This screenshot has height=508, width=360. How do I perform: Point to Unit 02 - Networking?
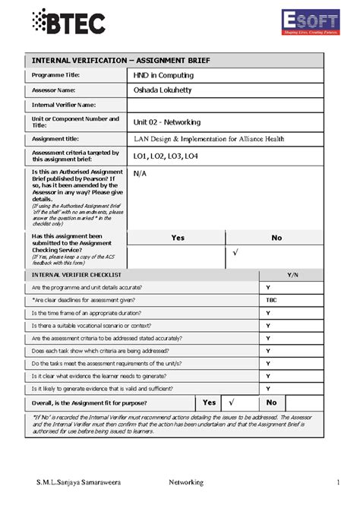point(166,121)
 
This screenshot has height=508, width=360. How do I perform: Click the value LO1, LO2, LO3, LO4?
point(165,156)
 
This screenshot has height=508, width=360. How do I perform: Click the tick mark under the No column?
point(235,251)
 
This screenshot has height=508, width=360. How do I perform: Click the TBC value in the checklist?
point(271,300)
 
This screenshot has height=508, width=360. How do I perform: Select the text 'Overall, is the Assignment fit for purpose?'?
point(90,402)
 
